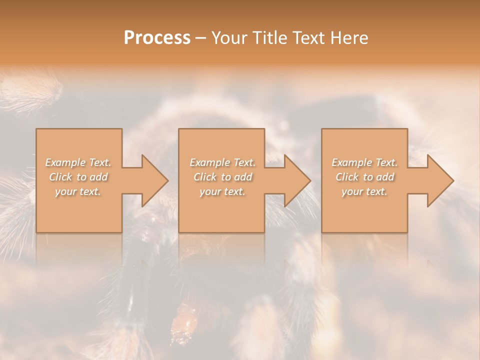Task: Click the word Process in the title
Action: coord(157,38)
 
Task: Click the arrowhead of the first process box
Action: coord(152,180)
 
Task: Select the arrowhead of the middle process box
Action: coord(295,180)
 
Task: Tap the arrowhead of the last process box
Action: coord(438,180)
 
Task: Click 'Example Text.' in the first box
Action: coord(78,162)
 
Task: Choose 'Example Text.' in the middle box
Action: coord(222,162)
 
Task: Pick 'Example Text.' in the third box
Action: coord(364,162)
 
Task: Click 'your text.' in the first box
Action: coord(78,191)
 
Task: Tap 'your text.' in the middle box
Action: coord(222,191)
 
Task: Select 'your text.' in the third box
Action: coord(364,191)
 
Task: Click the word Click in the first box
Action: coord(60,177)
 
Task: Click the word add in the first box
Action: coord(99,177)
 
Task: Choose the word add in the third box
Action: coord(385,177)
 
